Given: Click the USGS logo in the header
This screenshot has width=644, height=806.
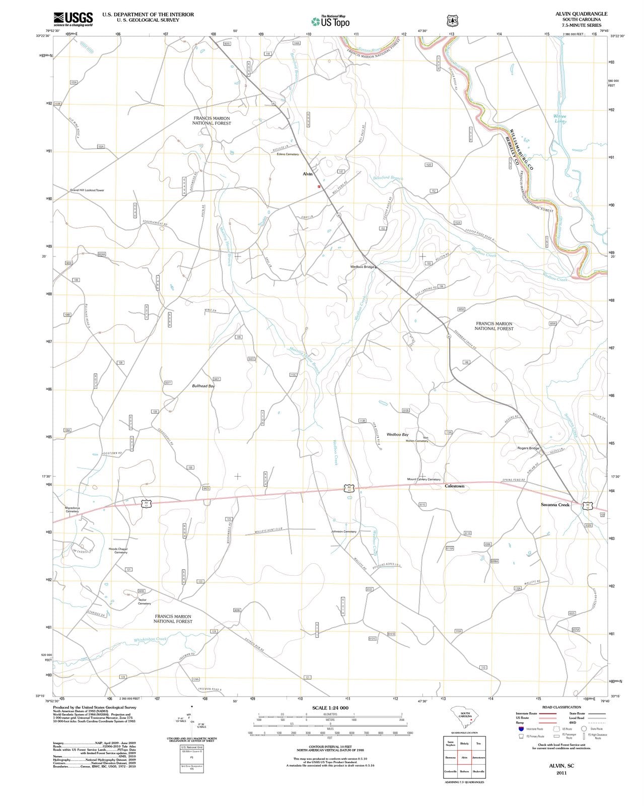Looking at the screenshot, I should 74,19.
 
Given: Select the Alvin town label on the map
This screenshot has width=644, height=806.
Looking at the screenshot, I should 307,174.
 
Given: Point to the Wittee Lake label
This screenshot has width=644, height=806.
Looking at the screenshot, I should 560,119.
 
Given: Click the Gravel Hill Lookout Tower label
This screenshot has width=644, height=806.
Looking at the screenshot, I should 87,190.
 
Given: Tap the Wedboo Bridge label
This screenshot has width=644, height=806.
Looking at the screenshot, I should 363,266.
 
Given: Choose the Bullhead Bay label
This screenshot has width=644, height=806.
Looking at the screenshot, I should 203,386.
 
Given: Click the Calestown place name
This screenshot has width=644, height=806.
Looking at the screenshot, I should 454,486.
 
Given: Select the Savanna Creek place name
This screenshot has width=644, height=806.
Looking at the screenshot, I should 555,504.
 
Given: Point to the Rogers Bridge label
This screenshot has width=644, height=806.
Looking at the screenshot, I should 528,448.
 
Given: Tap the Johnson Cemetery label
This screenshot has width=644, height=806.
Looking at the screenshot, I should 343,531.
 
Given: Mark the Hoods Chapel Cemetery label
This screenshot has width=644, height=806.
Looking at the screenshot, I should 118,551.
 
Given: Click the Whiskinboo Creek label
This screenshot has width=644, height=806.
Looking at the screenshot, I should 150,640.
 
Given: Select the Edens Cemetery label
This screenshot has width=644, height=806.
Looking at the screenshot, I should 288,154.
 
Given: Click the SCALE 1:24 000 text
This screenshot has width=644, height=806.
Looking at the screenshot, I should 330,708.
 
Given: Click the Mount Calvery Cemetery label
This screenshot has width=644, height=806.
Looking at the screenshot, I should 423,479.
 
